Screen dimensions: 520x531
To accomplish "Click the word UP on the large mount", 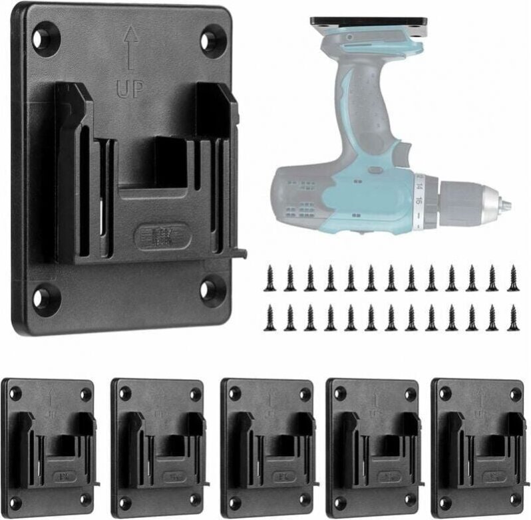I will point(130,88).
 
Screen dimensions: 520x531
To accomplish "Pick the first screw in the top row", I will point(269,278).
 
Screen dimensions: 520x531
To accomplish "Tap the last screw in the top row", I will point(513,277).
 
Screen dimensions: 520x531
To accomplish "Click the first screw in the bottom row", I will point(269,317).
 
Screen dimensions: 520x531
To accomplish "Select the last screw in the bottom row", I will point(513,317).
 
